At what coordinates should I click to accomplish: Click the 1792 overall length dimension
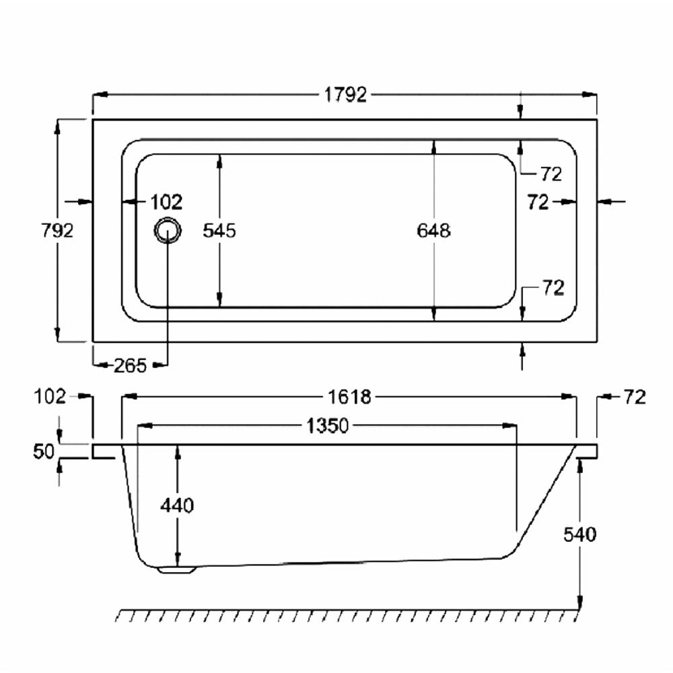(x=347, y=95)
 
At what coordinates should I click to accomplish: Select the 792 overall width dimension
(x=57, y=230)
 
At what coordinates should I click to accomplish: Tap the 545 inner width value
(x=219, y=231)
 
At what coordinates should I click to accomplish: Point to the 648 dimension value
(x=433, y=231)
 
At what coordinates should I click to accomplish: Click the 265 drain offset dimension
(x=129, y=365)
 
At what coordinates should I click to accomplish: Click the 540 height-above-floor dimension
(x=580, y=535)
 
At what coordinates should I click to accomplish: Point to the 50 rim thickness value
(x=44, y=452)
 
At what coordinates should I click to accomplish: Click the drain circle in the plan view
(x=166, y=231)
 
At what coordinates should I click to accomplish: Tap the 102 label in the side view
(x=51, y=397)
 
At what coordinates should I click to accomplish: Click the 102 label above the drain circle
(x=166, y=201)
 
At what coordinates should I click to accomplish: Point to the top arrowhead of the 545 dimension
(x=219, y=159)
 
